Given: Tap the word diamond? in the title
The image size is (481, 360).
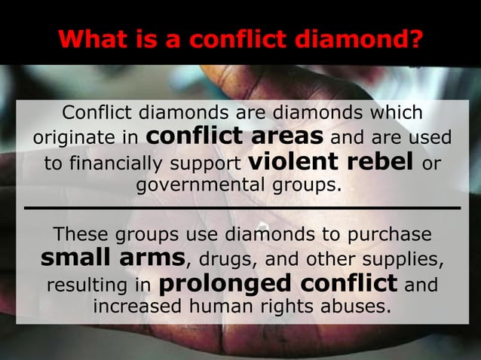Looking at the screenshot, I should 369,38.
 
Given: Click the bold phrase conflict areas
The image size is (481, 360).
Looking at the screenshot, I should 234,136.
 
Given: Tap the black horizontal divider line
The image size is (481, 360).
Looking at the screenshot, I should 241,206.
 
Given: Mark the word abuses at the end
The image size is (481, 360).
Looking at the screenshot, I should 357,307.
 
